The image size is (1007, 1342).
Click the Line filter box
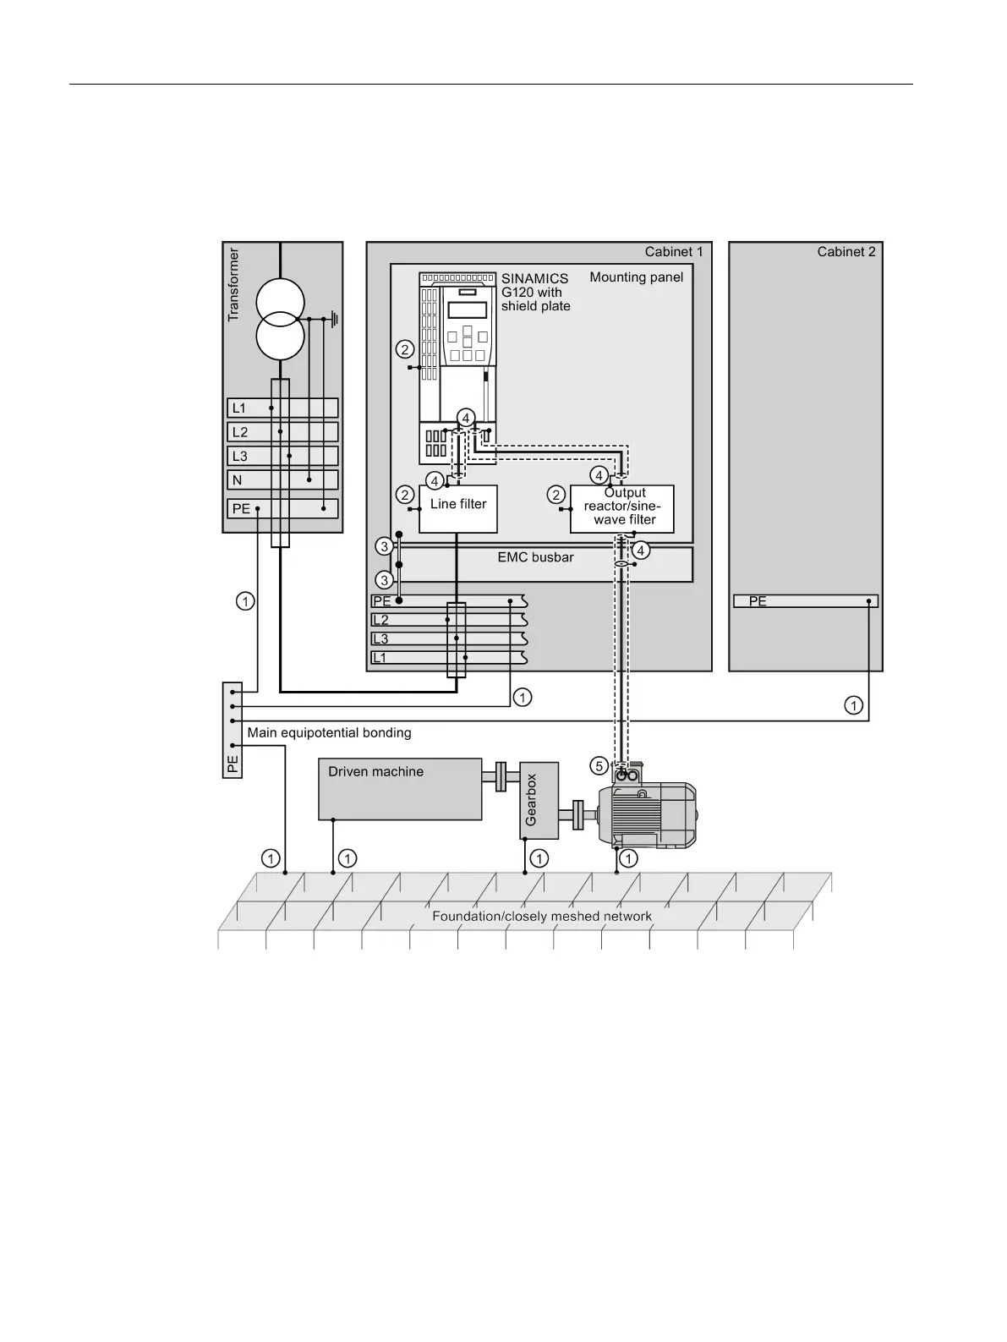pos(458,509)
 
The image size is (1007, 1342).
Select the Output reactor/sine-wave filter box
pos(622,509)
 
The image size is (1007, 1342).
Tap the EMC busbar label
pos(535,557)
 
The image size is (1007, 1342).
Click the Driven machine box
pos(400,789)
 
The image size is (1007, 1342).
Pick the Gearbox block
pos(539,800)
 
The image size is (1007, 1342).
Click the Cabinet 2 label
pos(846,252)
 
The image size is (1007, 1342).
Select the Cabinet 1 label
pos(674,252)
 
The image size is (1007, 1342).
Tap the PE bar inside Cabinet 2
pos(806,601)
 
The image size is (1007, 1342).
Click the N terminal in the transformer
pos(282,479)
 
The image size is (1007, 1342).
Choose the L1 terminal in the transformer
pos(282,408)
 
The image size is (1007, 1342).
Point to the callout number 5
pos(599,766)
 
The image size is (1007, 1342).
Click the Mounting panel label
pos(637,277)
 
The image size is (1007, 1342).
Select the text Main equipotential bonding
pos(329,732)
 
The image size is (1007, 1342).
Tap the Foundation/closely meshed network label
pos(542,916)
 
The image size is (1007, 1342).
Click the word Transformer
pos(234,284)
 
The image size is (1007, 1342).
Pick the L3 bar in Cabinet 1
pos(448,638)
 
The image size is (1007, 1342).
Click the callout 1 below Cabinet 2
pos(854,704)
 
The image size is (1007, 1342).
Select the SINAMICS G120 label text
pos(536,292)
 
